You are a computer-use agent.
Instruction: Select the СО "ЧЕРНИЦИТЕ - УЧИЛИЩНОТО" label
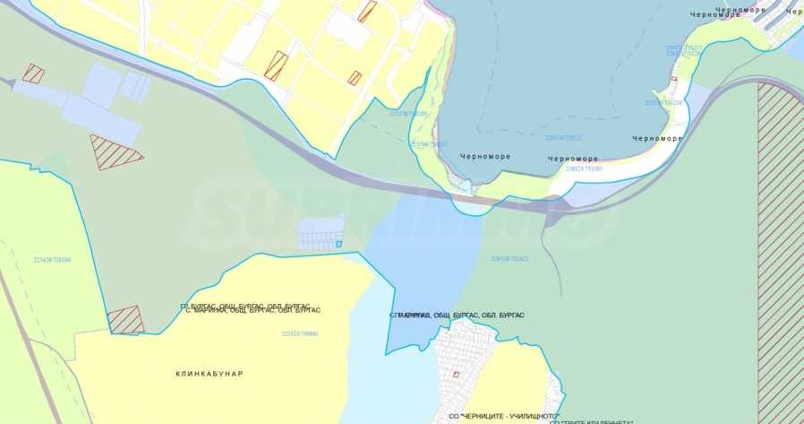[504, 417]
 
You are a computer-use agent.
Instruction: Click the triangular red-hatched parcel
[114, 151]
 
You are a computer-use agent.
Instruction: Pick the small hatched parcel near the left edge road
[33, 74]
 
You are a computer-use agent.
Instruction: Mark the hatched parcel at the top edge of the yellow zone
[367, 11]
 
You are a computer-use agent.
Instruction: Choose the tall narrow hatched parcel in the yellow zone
[276, 65]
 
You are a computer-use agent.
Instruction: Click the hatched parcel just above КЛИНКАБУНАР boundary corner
[125, 320]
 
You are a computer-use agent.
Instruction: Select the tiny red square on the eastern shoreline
[674, 81]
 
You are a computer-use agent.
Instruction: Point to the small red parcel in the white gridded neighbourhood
[456, 374]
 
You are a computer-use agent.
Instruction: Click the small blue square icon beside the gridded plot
[338, 243]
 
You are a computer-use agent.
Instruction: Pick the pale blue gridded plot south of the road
[320, 233]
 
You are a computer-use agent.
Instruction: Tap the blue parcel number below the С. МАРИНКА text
[300, 333]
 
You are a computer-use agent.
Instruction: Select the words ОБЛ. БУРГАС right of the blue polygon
[499, 316]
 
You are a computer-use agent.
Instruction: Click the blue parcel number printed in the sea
[564, 138]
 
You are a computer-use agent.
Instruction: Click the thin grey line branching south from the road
[557, 260]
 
